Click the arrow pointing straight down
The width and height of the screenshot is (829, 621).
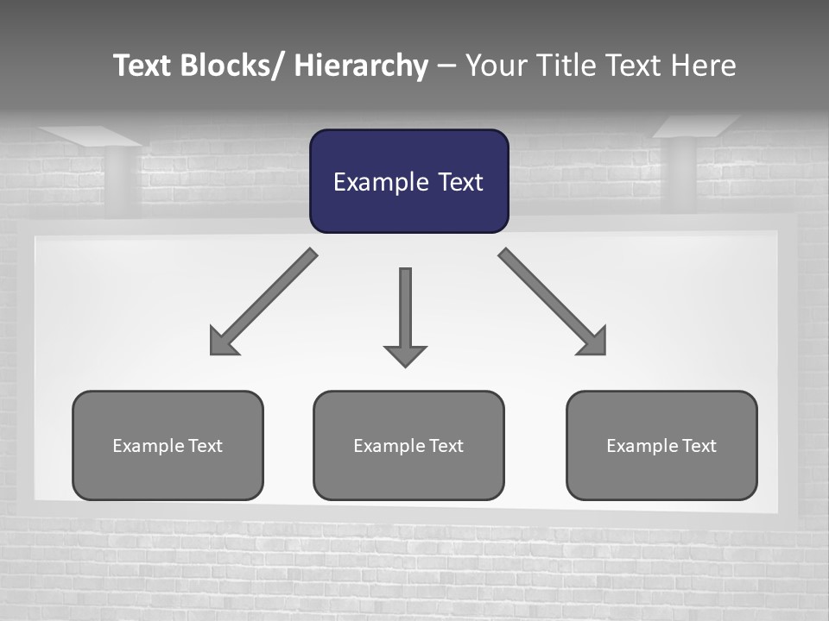tap(405, 315)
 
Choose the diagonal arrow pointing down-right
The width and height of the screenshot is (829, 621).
tap(553, 302)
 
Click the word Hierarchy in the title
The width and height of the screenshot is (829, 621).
tap(361, 66)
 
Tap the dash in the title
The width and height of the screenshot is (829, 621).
tap(446, 66)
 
